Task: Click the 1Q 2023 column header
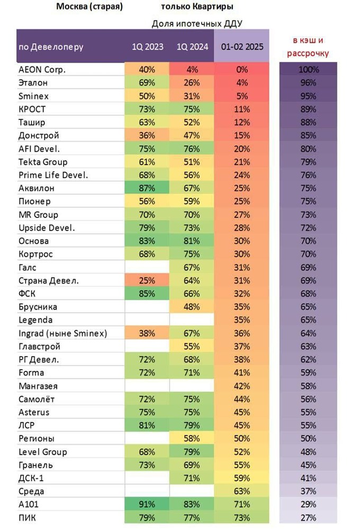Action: tap(147, 47)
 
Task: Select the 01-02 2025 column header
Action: tap(241, 47)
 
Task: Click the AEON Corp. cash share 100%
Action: tap(308, 69)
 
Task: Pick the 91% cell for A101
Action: tap(147, 504)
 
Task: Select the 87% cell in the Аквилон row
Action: tap(147, 188)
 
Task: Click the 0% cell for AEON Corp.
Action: tap(242, 69)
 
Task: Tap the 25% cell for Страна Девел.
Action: tap(147, 280)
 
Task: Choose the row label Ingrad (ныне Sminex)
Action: tap(62, 333)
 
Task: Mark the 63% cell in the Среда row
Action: tap(242, 491)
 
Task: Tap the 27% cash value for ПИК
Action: tap(308, 517)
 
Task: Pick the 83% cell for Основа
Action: tap(147, 241)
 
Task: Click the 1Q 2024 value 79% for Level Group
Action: tap(191, 452)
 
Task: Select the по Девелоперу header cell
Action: tap(51, 47)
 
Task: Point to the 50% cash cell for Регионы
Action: tap(308, 439)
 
